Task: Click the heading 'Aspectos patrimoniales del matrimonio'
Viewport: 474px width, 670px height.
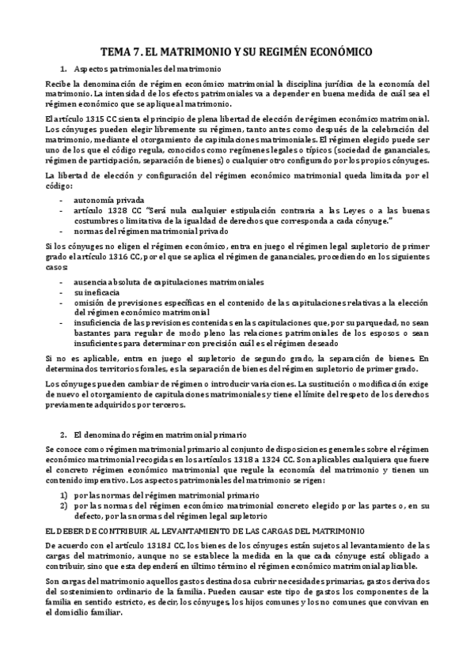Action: pos(148,70)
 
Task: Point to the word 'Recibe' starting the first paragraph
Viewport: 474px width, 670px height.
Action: pos(58,84)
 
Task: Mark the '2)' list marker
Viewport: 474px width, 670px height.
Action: pos(64,505)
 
